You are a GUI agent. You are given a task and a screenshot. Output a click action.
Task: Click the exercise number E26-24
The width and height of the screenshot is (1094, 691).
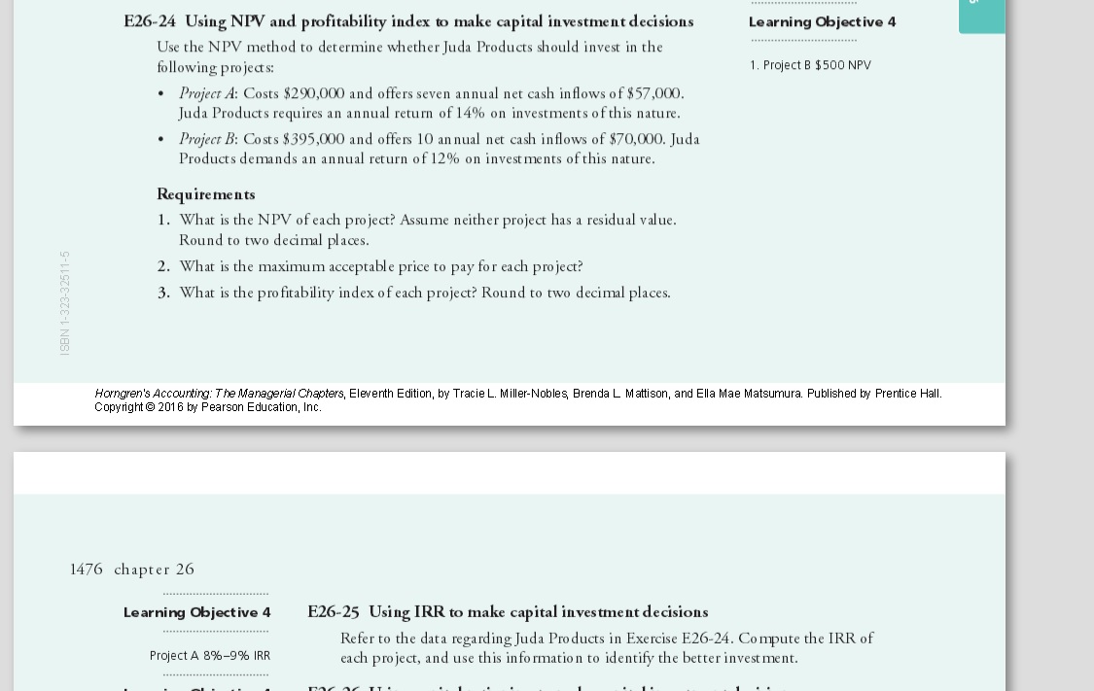pos(150,21)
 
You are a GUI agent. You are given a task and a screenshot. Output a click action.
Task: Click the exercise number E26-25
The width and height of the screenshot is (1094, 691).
pos(333,612)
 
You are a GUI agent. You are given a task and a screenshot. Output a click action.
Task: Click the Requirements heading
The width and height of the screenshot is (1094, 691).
pos(206,194)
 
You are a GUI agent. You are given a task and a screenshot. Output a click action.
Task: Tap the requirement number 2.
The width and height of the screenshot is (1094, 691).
pos(163,266)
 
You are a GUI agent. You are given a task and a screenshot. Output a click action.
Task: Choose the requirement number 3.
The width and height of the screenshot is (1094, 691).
pos(163,293)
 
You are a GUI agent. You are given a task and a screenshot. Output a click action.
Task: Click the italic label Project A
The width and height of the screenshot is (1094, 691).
pos(206,93)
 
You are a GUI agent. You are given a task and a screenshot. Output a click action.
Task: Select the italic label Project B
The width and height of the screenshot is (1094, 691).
pos(206,139)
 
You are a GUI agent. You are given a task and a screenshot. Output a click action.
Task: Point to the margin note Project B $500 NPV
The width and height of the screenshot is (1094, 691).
pos(810,65)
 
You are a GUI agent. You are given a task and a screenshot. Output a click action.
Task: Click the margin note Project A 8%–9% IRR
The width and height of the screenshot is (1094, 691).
pos(210,656)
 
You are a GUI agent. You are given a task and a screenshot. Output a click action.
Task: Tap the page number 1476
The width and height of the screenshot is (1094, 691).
pos(86,570)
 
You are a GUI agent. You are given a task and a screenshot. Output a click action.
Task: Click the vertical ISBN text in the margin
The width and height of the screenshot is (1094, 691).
pos(65,303)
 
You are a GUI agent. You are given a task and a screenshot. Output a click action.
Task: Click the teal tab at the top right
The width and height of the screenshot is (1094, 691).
pos(981,16)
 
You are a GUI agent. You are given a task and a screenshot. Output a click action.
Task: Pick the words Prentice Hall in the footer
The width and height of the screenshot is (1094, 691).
pos(908,394)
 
